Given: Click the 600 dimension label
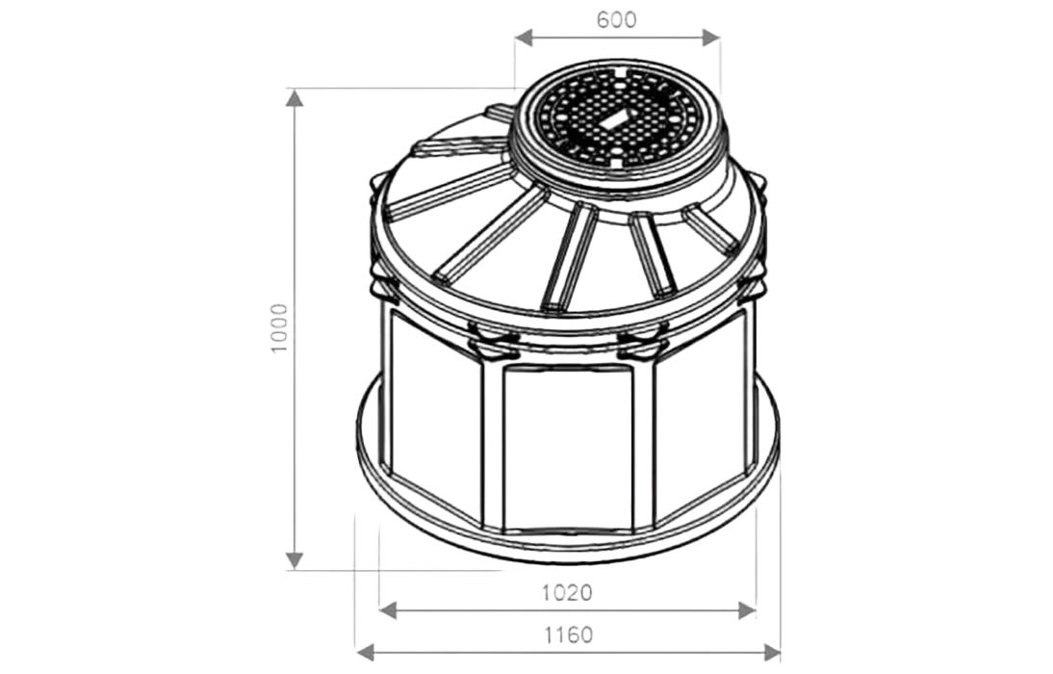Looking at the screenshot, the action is [x=616, y=20].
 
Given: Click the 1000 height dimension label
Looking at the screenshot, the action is [x=278, y=328].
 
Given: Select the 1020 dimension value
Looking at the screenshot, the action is [x=568, y=593].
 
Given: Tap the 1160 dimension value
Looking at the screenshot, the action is [x=568, y=635].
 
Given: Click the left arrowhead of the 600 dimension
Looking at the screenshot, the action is [x=525, y=38].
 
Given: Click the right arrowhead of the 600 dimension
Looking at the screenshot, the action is [x=710, y=38].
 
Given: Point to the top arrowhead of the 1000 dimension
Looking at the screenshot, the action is [x=295, y=98].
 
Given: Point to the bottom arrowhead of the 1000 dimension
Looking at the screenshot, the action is [x=295, y=560].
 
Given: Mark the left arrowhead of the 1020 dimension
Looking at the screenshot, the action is [x=389, y=610].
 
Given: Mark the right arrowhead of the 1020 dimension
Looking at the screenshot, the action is [x=747, y=610].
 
